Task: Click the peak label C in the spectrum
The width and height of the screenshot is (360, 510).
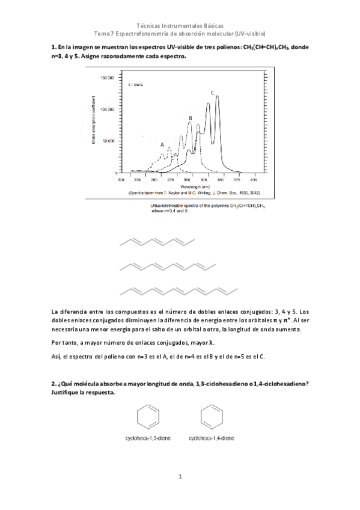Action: pyautogui.click(x=212, y=93)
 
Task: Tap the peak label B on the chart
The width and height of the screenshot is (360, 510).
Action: pyautogui.click(x=190, y=118)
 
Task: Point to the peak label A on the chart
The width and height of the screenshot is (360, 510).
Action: pyautogui.click(x=162, y=145)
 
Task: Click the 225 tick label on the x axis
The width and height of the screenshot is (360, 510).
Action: pyautogui.click(x=137, y=179)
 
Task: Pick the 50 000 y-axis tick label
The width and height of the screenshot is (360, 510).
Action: pyautogui.click(x=108, y=141)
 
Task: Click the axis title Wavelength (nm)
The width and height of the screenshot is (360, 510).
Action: pyautogui.click(x=187, y=186)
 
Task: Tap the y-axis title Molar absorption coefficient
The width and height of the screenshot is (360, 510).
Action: pyautogui.click(x=94, y=124)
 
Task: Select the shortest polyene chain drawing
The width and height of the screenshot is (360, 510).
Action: pyautogui.click(x=158, y=241)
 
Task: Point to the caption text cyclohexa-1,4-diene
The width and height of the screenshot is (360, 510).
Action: pyautogui.click(x=211, y=439)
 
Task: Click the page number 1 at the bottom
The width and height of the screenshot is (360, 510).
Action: pyautogui.click(x=180, y=476)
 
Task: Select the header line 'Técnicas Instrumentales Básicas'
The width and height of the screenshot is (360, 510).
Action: pyautogui.click(x=180, y=27)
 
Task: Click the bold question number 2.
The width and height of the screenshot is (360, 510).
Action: pyautogui.click(x=54, y=383)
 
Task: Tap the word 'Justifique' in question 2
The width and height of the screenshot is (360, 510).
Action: pyautogui.click(x=67, y=392)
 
